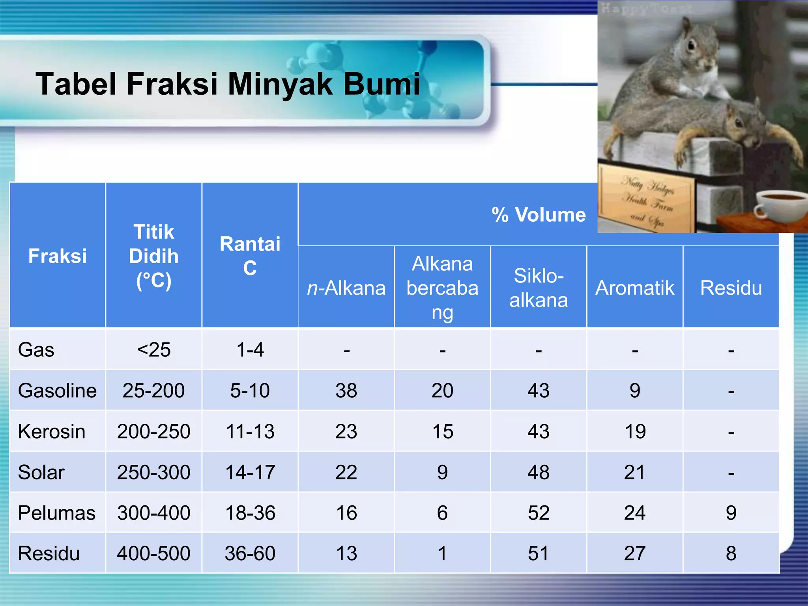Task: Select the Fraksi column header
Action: click(x=58, y=256)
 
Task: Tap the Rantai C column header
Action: click(x=250, y=256)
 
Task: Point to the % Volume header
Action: click(x=539, y=215)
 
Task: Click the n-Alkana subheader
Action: click(x=346, y=288)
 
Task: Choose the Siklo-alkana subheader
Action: click(x=539, y=288)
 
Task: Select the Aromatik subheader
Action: click(x=635, y=288)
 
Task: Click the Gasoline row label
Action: click(x=57, y=391)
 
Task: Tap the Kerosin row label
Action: click(x=52, y=431)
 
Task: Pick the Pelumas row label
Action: click(x=57, y=513)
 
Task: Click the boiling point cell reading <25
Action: click(x=153, y=350)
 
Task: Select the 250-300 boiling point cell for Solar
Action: click(x=153, y=472)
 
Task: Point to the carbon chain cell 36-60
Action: click(x=250, y=553)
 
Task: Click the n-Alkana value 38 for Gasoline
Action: click(x=346, y=391)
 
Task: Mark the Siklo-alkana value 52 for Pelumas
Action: click(x=539, y=513)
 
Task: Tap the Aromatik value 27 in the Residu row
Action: click(x=635, y=553)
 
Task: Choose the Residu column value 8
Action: click(x=731, y=553)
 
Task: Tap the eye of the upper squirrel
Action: click(x=691, y=46)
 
